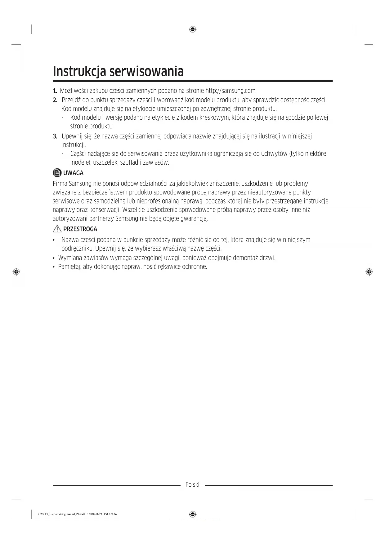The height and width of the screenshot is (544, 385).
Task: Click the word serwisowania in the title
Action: click(x=147, y=71)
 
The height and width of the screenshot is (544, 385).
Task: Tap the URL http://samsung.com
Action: click(x=230, y=91)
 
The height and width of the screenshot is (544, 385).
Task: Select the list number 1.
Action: click(x=55, y=91)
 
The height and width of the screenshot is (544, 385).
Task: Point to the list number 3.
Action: click(x=55, y=136)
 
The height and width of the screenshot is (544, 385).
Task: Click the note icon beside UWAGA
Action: click(x=57, y=173)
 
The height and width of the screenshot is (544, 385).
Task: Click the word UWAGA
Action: click(x=73, y=173)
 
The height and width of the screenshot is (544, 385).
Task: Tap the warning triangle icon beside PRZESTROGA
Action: click(x=57, y=229)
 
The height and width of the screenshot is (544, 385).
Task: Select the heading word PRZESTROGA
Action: click(x=80, y=229)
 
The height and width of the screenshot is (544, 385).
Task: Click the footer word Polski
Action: click(x=192, y=485)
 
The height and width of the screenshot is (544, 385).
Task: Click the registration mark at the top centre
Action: click(x=193, y=29)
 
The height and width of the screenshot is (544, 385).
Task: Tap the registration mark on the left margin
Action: click(x=16, y=272)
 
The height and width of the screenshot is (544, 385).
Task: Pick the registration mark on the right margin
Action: click(x=369, y=272)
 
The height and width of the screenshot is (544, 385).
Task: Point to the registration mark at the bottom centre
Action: click(x=193, y=514)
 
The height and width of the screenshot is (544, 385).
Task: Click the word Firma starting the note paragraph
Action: click(x=60, y=184)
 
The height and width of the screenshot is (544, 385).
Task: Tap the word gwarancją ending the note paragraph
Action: click(x=195, y=219)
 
